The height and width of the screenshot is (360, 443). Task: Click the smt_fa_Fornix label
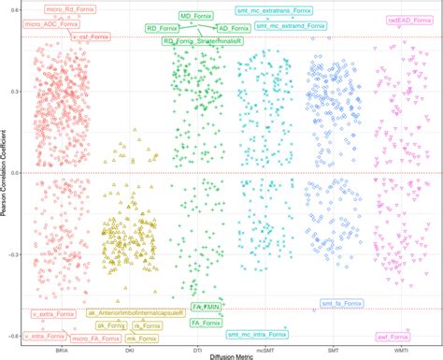pyautogui.click(x=343, y=304)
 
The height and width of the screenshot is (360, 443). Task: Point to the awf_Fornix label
pyautogui.click(x=393, y=336)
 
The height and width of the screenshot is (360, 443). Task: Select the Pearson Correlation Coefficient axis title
pyautogui.click(x=5, y=172)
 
